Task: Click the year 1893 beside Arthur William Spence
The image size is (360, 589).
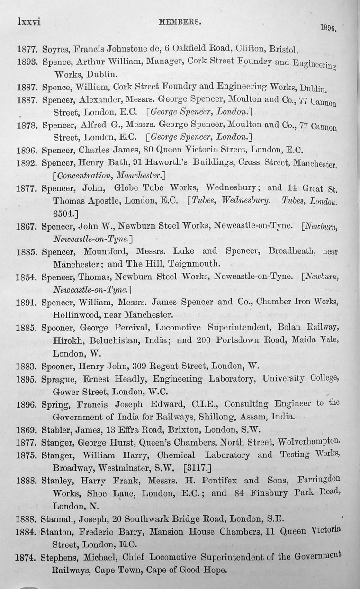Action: [27, 62]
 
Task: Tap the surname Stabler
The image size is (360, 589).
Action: [56, 430]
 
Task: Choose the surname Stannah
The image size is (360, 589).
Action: [59, 519]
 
